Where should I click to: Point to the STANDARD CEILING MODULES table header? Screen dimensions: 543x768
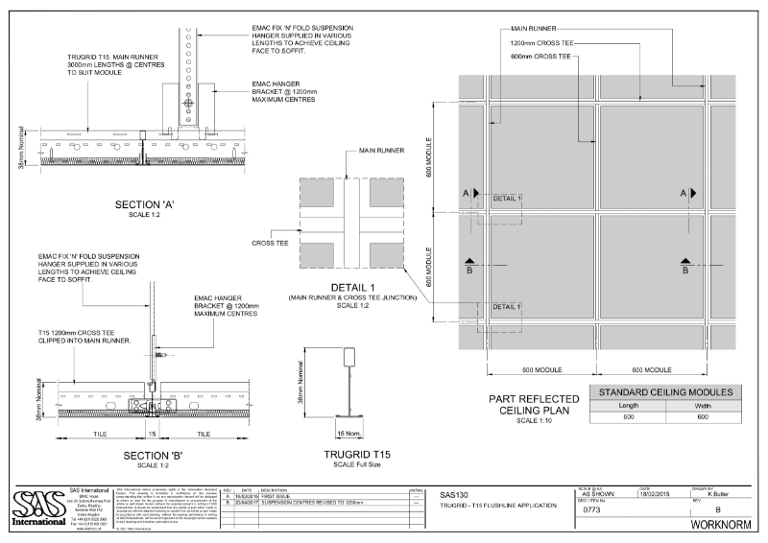(x=665, y=391)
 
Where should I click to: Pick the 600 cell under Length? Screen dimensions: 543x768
(x=628, y=417)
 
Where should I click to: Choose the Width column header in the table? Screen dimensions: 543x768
(x=704, y=405)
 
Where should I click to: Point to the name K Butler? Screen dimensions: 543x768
(x=722, y=494)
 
